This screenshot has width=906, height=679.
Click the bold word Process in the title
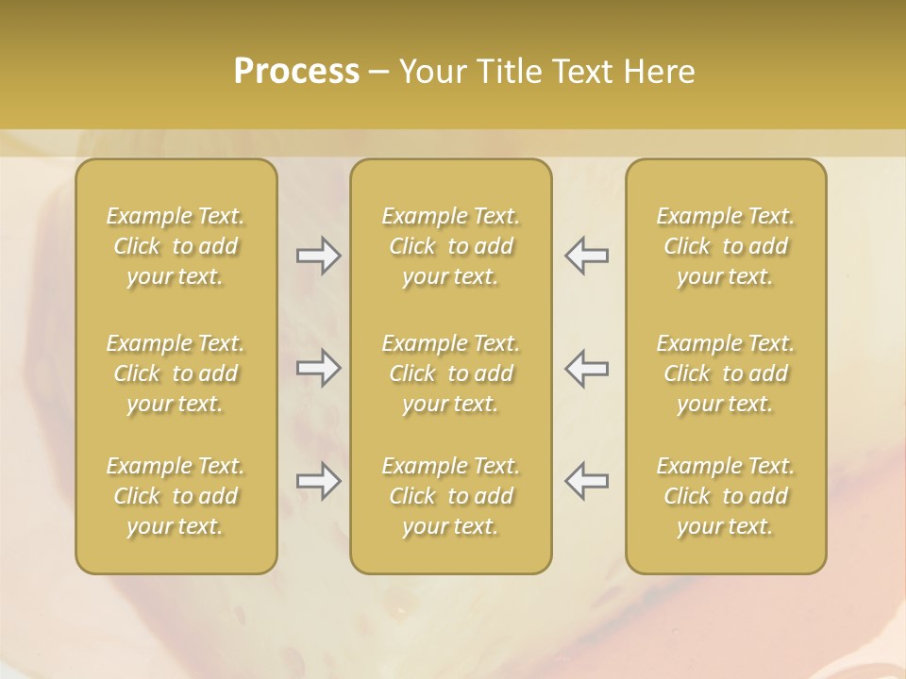(x=296, y=72)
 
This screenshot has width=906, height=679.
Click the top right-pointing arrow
(x=318, y=256)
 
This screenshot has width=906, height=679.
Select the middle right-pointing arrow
(x=318, y=368)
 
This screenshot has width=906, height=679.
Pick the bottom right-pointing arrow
(x=318, y=481)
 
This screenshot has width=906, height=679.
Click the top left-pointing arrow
(x=587, y=256)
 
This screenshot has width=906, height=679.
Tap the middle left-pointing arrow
(x=587, y=368)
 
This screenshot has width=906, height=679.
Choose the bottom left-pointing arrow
(x=587, y=481)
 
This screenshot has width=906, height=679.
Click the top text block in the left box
(x=176, y=246)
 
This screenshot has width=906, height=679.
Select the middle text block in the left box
(x=176, y=373)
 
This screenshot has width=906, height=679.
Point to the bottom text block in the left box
(x=176, y=496)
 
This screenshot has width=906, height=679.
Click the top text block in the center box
(x=451, y=246)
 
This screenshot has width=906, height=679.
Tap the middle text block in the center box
(x=451, y=373)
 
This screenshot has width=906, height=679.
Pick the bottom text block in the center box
(x=451, y=496)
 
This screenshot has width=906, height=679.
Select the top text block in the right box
(x=726, y=246)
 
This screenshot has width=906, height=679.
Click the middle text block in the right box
(x=726, y=373)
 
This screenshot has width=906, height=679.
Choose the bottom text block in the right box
(x=726, y=496)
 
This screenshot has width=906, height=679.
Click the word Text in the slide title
(x=580, y=72)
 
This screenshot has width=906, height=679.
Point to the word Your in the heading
(x=431, y=72)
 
